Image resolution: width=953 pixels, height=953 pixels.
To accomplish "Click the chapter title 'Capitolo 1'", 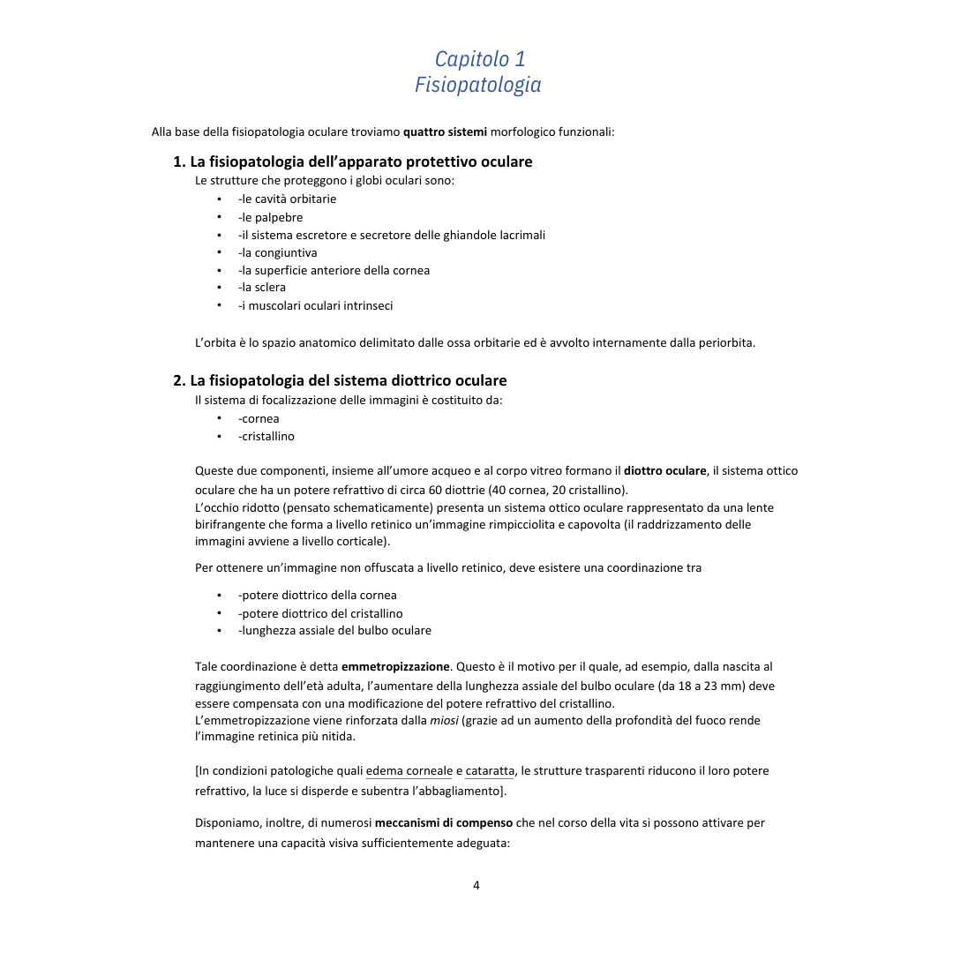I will pos(480,58).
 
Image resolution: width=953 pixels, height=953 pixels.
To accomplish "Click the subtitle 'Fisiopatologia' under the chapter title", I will pos(477,85).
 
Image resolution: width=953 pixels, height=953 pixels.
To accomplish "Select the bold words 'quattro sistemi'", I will pos(445,132).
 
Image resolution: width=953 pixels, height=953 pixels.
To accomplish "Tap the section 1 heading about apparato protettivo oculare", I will pos(352,161).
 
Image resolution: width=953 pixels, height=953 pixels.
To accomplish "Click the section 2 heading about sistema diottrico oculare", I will pos(340,380).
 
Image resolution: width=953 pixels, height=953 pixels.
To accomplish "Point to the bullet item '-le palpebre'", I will pos(270,217).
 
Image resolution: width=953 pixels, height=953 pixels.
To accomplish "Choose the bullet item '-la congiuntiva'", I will pos(277,252).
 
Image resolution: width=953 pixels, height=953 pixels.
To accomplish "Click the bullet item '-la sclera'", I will pos(261,287).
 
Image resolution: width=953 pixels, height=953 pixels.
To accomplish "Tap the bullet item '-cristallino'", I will pos(266,436).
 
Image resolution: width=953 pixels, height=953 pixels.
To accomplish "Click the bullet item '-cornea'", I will pos(258,418).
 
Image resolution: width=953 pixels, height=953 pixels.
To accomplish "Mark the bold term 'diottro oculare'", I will pos(665,470).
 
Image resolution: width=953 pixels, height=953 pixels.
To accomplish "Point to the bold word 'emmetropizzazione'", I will pos(395,666).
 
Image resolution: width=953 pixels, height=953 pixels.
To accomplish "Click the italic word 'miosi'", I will pos(444,720).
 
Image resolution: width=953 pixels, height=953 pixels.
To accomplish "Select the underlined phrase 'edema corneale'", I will pos(409,770).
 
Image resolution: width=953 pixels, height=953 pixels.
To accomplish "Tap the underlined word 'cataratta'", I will pos(490,770).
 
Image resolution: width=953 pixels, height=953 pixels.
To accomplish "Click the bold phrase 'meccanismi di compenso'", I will pos(444,822).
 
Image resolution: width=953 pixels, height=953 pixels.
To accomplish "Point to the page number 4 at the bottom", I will pos(476,885).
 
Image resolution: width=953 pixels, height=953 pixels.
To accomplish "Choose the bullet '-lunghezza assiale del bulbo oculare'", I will pos(334,630).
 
